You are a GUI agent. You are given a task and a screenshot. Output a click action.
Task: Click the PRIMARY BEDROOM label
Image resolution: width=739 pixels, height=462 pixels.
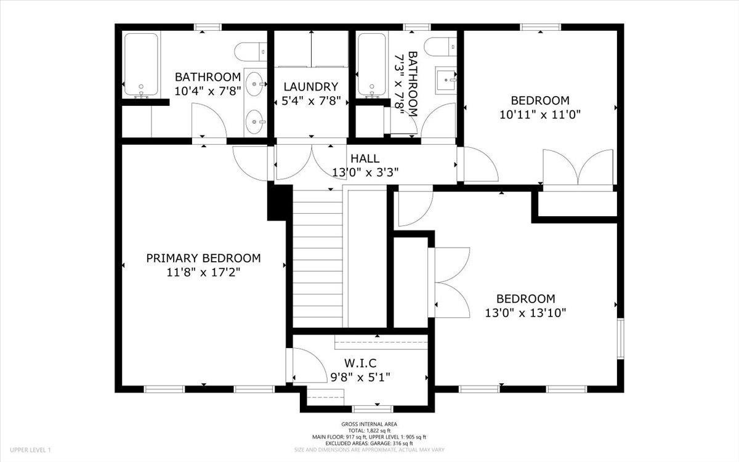(203, 258)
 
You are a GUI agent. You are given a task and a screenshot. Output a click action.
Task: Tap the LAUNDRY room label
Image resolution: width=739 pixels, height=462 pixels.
(311, 87)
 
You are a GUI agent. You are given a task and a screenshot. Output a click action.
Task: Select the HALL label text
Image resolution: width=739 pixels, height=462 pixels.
(365, 158)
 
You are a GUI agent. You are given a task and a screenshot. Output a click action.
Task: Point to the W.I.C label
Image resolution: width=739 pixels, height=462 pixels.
(360, 363)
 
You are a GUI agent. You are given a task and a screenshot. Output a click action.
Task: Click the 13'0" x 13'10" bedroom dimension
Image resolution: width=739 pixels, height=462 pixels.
(525, 312)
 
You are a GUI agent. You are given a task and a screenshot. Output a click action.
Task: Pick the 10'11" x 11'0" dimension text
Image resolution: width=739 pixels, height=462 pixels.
(539, 115)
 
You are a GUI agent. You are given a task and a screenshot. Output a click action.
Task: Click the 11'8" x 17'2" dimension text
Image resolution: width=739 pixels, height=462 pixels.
(203, 272)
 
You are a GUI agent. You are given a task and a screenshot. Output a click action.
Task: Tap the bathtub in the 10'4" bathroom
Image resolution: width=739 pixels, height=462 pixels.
(141, 65)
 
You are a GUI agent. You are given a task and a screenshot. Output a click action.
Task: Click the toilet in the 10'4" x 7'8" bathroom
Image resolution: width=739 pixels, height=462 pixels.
(251, 52)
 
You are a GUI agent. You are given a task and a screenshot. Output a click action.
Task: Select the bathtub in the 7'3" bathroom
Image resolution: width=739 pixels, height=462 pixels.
(372, 65)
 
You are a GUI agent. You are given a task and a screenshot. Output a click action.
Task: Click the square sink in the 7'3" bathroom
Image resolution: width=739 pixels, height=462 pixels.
(446, 80)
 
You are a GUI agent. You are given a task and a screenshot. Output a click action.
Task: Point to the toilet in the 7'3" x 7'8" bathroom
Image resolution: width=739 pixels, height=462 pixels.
(440, 47)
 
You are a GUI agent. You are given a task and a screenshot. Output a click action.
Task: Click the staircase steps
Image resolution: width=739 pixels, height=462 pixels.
(318, 259)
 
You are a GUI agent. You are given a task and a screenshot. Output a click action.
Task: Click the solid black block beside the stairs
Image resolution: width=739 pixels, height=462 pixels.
(280, 203)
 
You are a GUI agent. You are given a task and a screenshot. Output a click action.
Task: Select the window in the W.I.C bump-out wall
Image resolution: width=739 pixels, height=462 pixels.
(373, 409)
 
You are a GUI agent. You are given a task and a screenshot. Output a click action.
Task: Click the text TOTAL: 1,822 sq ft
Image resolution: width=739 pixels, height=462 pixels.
(369, 431)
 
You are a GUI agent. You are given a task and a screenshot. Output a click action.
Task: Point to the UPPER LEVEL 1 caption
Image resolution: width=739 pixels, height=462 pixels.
(30, 450)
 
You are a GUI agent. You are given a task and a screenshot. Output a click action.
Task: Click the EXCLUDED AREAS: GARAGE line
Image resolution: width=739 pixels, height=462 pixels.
(369, 443)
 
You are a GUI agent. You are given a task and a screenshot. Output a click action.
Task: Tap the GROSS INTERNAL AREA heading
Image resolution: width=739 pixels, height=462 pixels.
(369, 424)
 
